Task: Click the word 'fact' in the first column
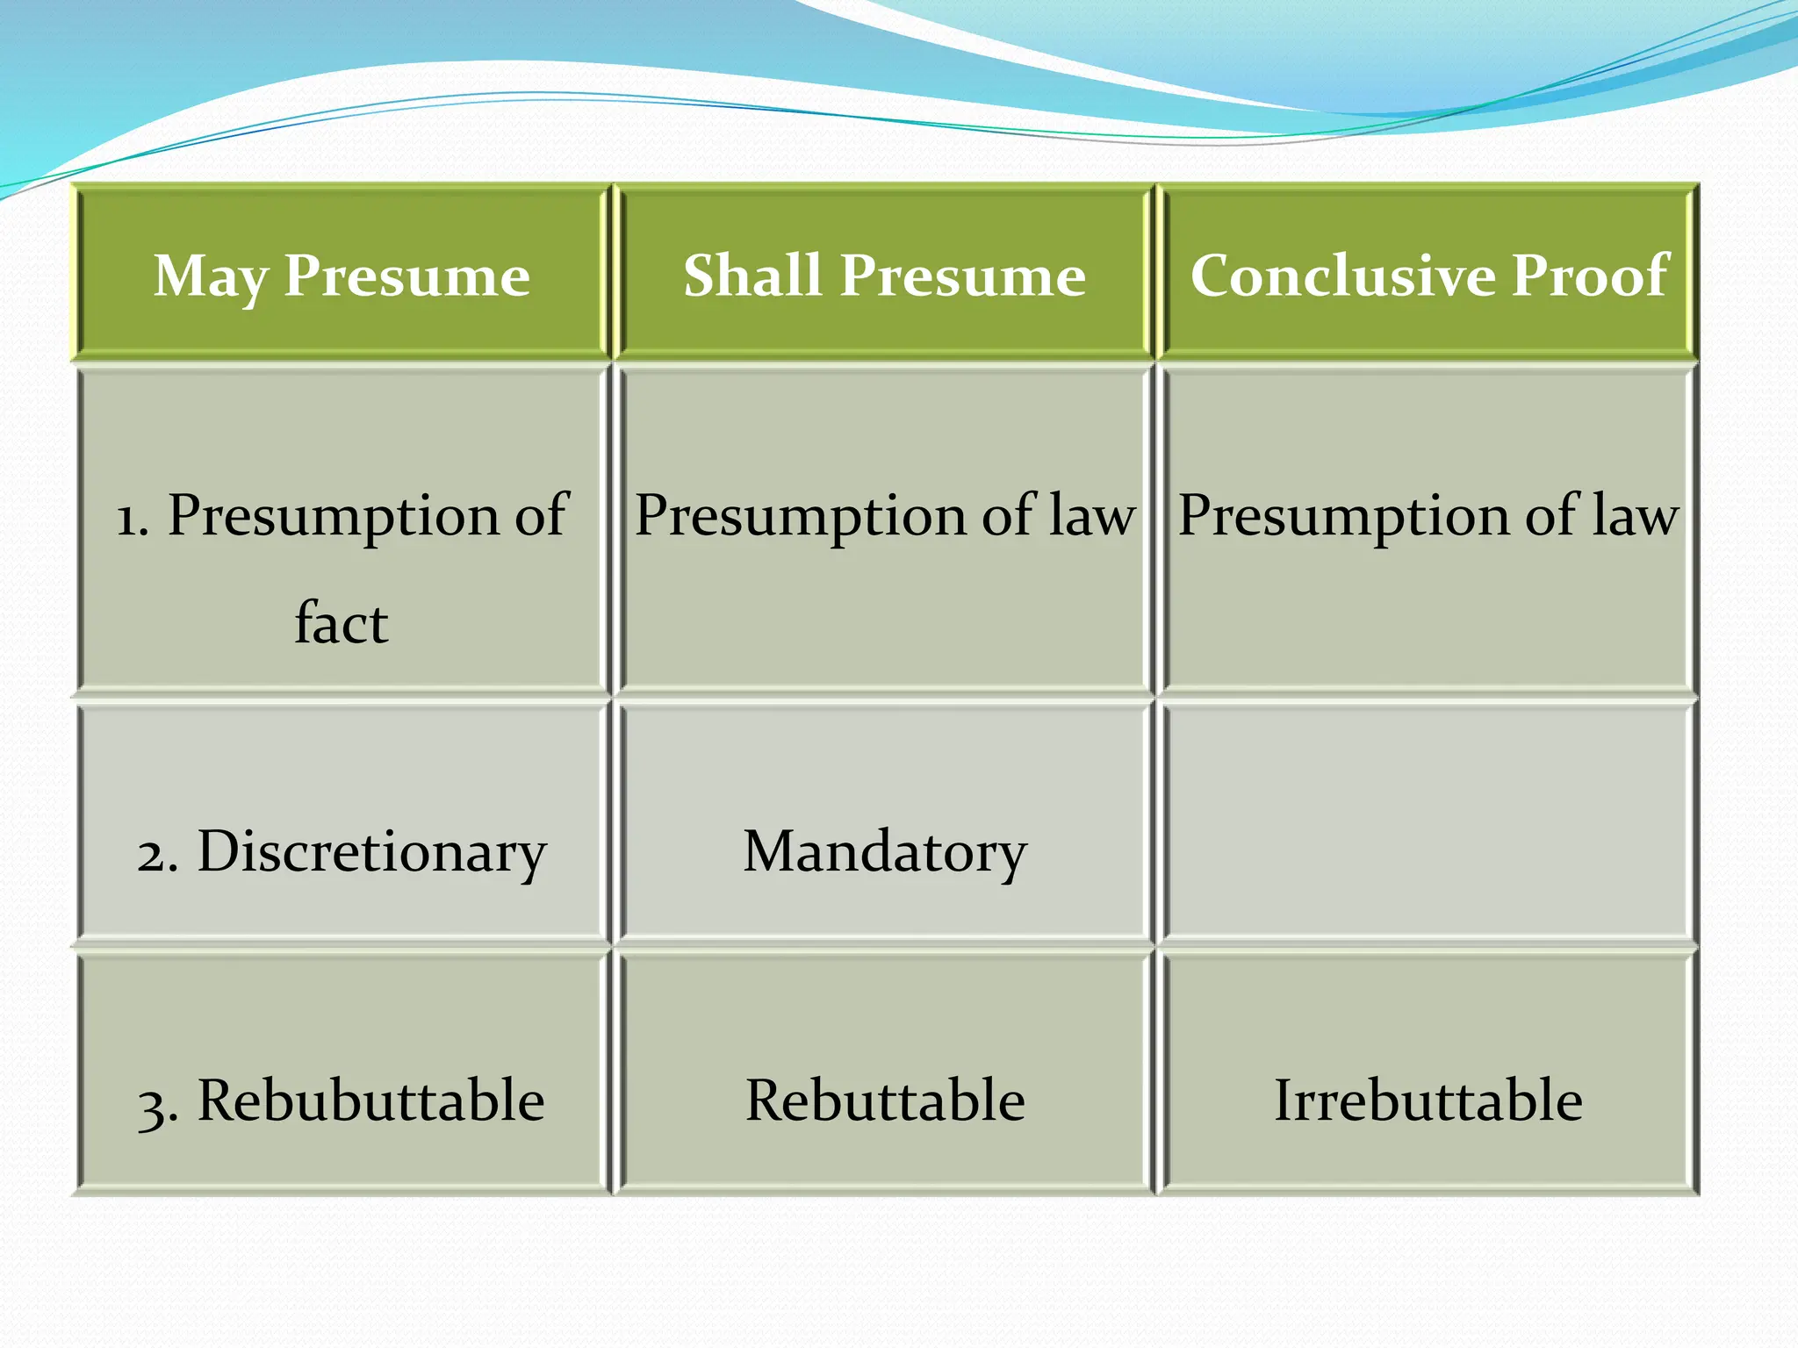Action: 341,623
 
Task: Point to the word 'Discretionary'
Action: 371,851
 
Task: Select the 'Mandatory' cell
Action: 884,851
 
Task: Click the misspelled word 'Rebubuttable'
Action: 370,1100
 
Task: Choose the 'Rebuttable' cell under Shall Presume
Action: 884,1100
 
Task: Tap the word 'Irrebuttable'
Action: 1428,1100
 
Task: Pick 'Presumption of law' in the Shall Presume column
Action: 884,515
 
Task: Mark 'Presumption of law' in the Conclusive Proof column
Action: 1428,515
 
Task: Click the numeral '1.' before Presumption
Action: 133,518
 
